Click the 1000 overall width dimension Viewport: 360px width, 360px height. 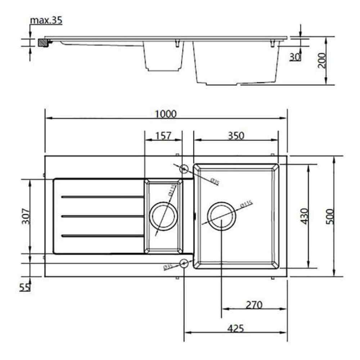coord(166,114)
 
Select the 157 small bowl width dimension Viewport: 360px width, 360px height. coord(163,136)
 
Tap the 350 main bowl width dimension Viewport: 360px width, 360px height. coord(236,136)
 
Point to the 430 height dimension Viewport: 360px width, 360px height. coord(304,216)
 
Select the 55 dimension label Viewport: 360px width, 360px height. coord(24,287)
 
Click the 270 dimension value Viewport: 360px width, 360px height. coord(254,305)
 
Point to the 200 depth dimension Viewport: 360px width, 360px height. coord(322,60)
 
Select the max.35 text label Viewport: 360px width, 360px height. coord(46,20)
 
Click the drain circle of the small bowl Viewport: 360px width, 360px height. coord(163,216)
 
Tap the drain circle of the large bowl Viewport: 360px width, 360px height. coord(222,216)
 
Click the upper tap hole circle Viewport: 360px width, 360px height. coord(184,168)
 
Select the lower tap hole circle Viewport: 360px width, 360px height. coord(184,264)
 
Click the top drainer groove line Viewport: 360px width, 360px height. coord(103,197)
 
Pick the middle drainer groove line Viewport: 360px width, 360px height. coord(103,216)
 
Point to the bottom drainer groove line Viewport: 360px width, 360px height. coord(103,236)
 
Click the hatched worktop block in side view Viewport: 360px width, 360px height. coord(43,42)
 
